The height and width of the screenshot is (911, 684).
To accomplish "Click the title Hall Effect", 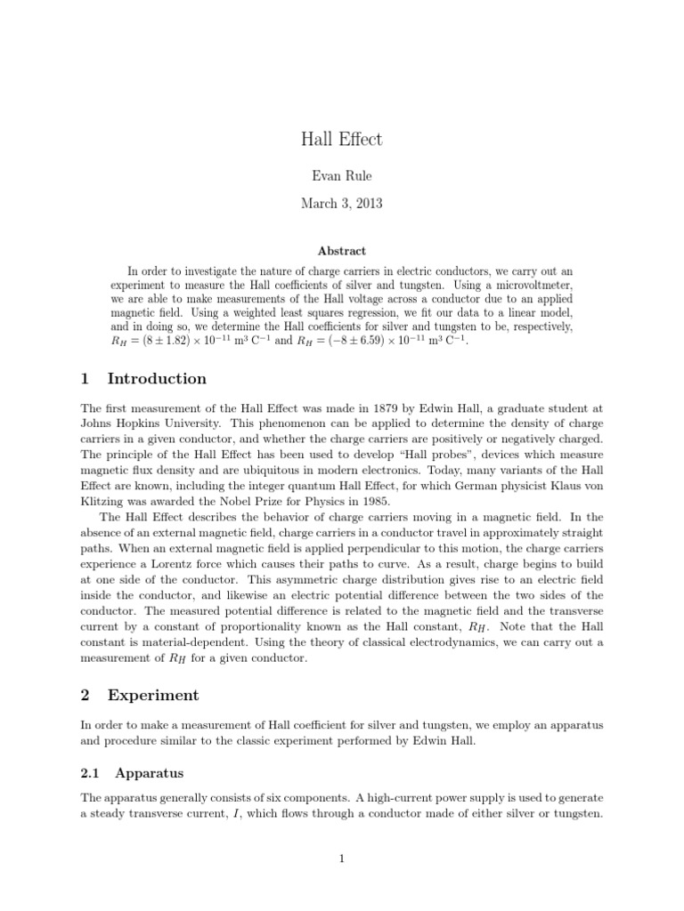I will pos(342,140).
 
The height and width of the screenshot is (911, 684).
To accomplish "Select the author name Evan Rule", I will pos(342,177).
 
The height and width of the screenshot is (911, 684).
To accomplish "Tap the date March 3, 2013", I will pos(342,204).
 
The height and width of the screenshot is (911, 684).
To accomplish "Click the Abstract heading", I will pos(342,252).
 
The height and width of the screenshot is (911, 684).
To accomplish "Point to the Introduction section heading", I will pos(156,378).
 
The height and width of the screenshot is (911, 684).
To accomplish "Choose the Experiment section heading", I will pos(152,695).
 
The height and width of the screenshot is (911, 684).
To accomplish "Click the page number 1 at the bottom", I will pos(342,859).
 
